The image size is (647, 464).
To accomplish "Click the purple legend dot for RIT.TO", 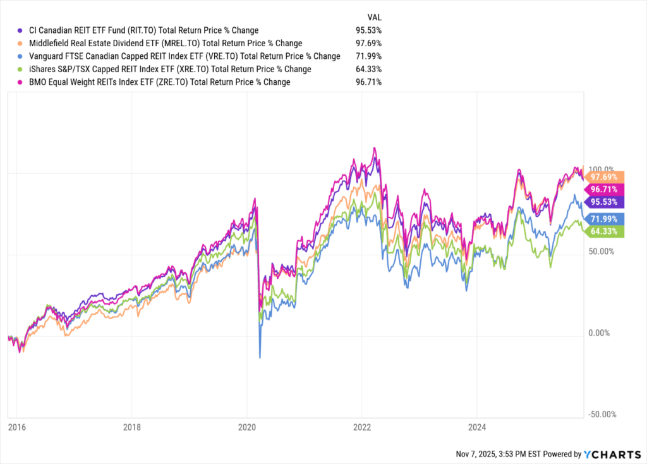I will (19, 30).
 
